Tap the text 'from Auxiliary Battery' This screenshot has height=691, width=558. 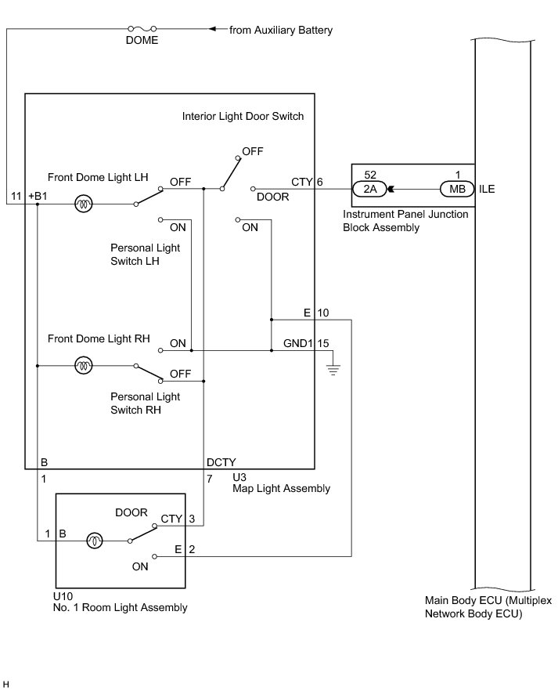(281, 31)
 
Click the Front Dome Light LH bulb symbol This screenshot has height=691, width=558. (82, 204)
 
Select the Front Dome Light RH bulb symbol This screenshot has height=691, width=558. (82, 365)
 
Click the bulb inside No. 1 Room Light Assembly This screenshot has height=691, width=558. (94, 540)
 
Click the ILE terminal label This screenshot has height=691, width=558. (486, 189)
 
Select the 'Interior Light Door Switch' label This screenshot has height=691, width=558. (243, 116)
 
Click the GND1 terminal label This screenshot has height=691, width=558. (298, 342)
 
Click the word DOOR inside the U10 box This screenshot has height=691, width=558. (131, 512)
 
